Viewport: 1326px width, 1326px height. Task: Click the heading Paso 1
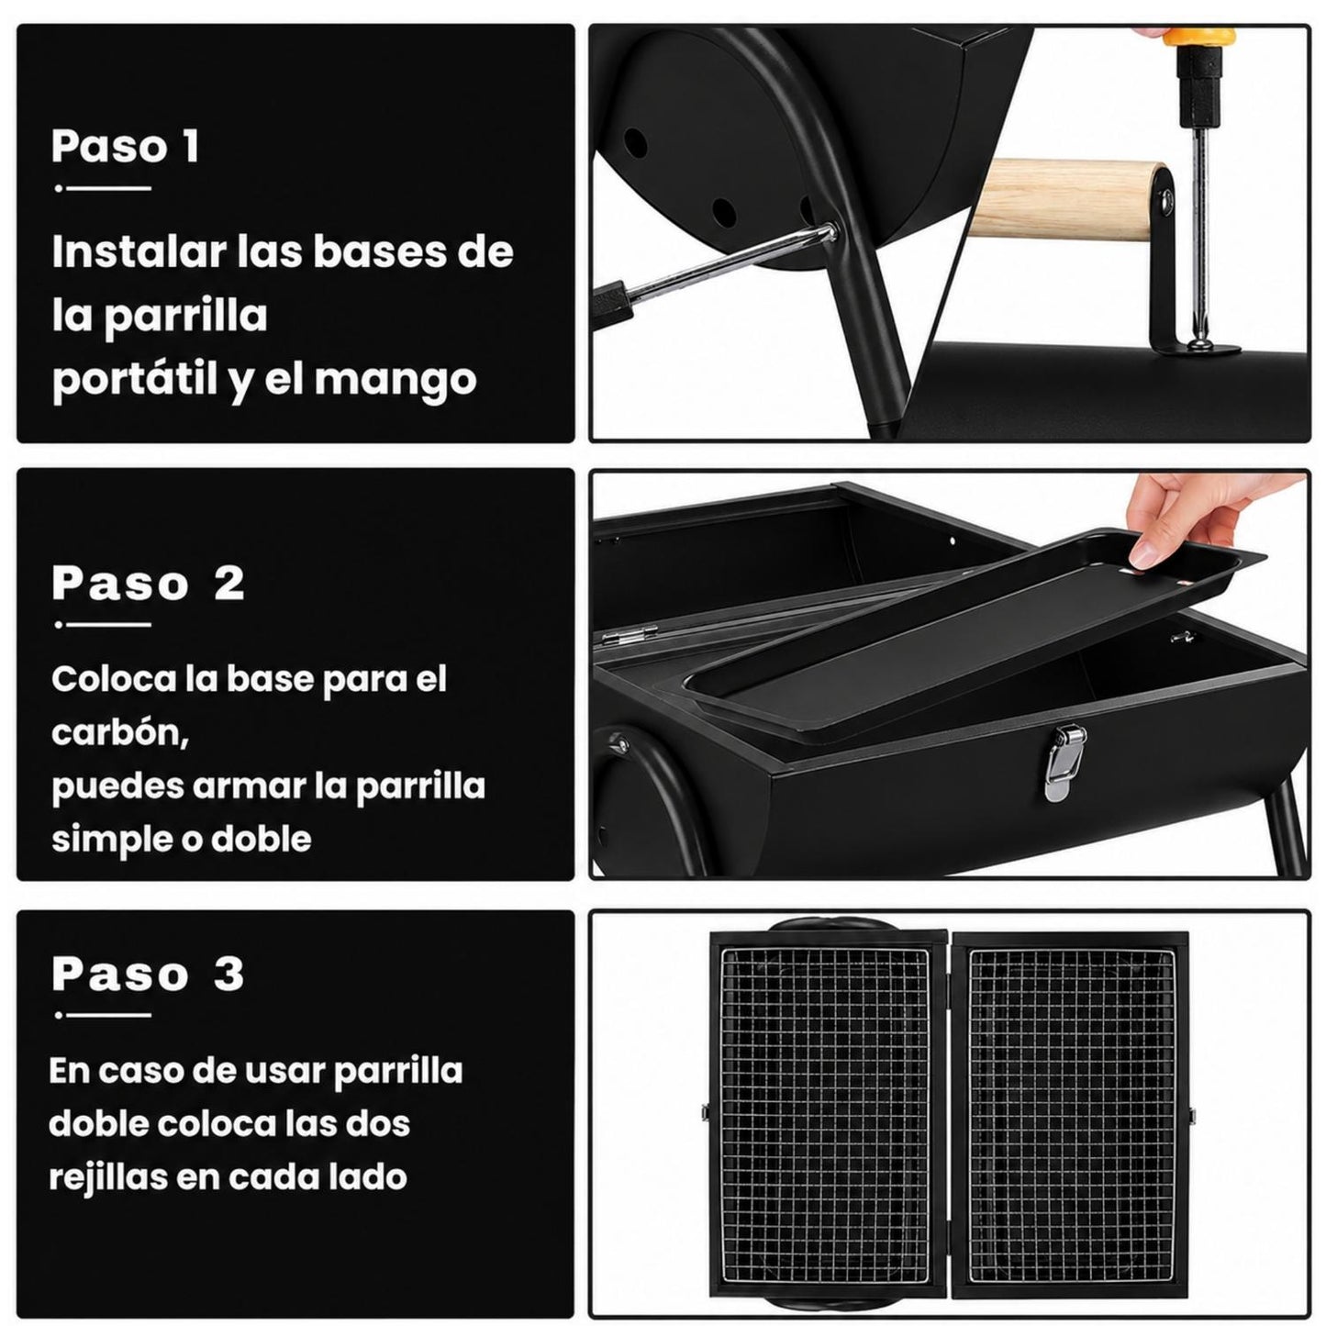125,146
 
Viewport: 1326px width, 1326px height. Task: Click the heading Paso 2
148,583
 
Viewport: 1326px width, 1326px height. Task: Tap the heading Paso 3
148,973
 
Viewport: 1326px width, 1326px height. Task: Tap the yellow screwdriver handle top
1198,36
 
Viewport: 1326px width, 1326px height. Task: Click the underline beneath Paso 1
103,187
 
